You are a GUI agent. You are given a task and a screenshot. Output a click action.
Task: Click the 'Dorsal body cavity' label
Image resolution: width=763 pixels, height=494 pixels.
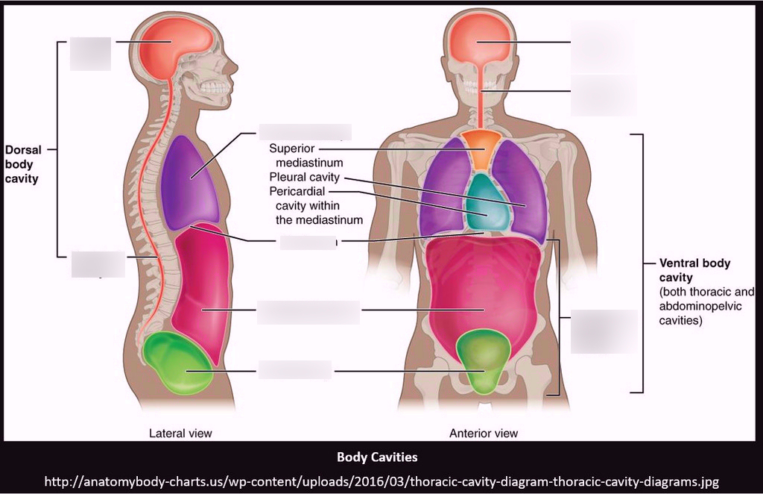click(x=23, y=164)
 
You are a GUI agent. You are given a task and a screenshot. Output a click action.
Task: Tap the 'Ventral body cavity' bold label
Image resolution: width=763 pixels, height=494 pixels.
click(x=695, y=270)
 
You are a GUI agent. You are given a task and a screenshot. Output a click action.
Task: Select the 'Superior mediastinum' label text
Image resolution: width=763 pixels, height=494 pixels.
click(x=306, y=155)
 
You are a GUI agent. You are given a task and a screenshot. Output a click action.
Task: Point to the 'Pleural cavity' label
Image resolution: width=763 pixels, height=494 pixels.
click(x=304, y=177)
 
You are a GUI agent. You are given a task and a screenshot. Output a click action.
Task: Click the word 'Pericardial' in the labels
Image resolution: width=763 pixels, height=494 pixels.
click(x=297, y=191)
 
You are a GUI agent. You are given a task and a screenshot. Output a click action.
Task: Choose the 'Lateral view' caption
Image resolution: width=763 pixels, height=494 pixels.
click(x=180, y=433)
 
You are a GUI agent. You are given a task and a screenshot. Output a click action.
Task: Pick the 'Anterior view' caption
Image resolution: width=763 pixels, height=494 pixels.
click(x=484, y=433)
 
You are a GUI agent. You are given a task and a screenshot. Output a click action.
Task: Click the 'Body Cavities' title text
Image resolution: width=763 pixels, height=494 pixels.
click(x=377, y=457)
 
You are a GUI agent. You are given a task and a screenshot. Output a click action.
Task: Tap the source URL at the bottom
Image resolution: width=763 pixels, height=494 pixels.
click(x=381, y=482)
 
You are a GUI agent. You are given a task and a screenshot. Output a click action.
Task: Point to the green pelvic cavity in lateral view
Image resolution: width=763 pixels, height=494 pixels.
click(x=177, y=362)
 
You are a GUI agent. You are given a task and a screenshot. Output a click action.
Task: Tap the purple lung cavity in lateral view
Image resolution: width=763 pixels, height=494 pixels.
click(x=190, y=183)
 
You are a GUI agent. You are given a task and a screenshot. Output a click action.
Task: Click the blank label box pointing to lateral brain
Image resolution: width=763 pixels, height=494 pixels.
click(x=90, y=54)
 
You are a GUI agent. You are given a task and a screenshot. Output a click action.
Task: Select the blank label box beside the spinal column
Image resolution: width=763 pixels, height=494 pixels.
click(x=98, y=264)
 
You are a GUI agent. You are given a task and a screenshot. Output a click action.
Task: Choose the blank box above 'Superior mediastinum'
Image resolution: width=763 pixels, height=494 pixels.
click(x=305, y=132)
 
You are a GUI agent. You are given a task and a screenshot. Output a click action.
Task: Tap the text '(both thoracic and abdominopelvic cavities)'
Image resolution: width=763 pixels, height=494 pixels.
click(x=707, y=306)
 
